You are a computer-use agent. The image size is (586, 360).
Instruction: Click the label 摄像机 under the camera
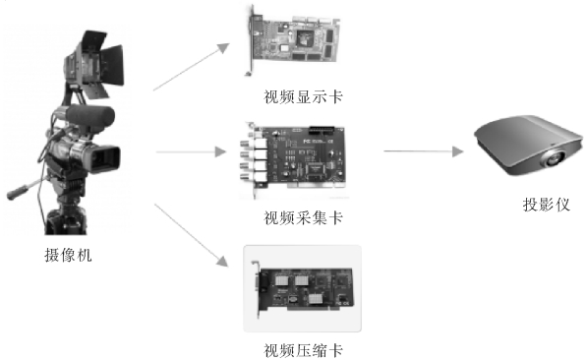69,256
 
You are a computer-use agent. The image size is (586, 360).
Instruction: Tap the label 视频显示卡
303,96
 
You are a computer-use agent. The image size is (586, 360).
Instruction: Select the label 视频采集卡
303,217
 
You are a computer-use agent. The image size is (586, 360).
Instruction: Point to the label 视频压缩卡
303,350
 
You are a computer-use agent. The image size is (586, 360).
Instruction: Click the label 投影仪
547,205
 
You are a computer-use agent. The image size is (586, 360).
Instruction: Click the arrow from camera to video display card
192,67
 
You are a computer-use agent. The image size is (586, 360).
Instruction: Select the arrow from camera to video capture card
192,151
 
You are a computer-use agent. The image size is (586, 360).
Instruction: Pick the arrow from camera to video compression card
192,235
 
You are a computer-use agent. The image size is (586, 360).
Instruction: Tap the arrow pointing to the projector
424,151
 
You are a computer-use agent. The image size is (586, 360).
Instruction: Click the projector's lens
555,159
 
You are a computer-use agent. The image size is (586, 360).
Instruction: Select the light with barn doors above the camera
94,64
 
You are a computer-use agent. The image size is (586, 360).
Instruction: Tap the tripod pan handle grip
17,193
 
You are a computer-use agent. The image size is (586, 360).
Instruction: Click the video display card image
293,40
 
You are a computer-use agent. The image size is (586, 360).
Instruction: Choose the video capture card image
292,159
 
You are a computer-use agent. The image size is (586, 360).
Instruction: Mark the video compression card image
303,289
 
